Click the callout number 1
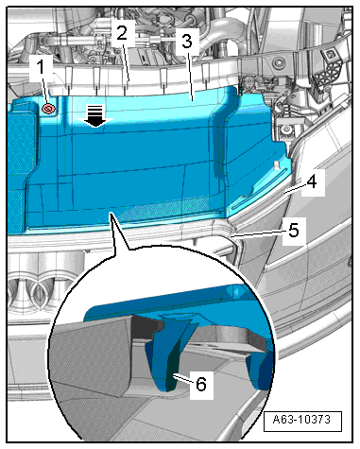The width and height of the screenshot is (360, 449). tap(41, 68)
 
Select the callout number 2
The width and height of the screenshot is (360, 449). tap(122, 33)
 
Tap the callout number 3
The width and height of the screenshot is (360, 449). tap(187, 42)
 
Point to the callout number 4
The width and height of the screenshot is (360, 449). tap(312, 181)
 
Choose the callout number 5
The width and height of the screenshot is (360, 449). tap(294, 231)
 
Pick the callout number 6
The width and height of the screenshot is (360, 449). tap(201, 384)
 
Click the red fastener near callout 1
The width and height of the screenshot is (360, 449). tap(49, 109)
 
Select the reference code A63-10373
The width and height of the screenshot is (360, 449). tap(301, 420)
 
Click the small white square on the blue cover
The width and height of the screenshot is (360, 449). tap(276, 164)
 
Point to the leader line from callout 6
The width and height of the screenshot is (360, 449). tap(183, 378)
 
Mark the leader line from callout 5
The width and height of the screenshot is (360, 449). tap(258, 233)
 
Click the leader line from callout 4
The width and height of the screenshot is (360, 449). tap(295, 189)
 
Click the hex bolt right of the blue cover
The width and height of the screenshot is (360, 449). tap(285, 130)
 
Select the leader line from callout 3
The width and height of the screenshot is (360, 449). tap(190, 75)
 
